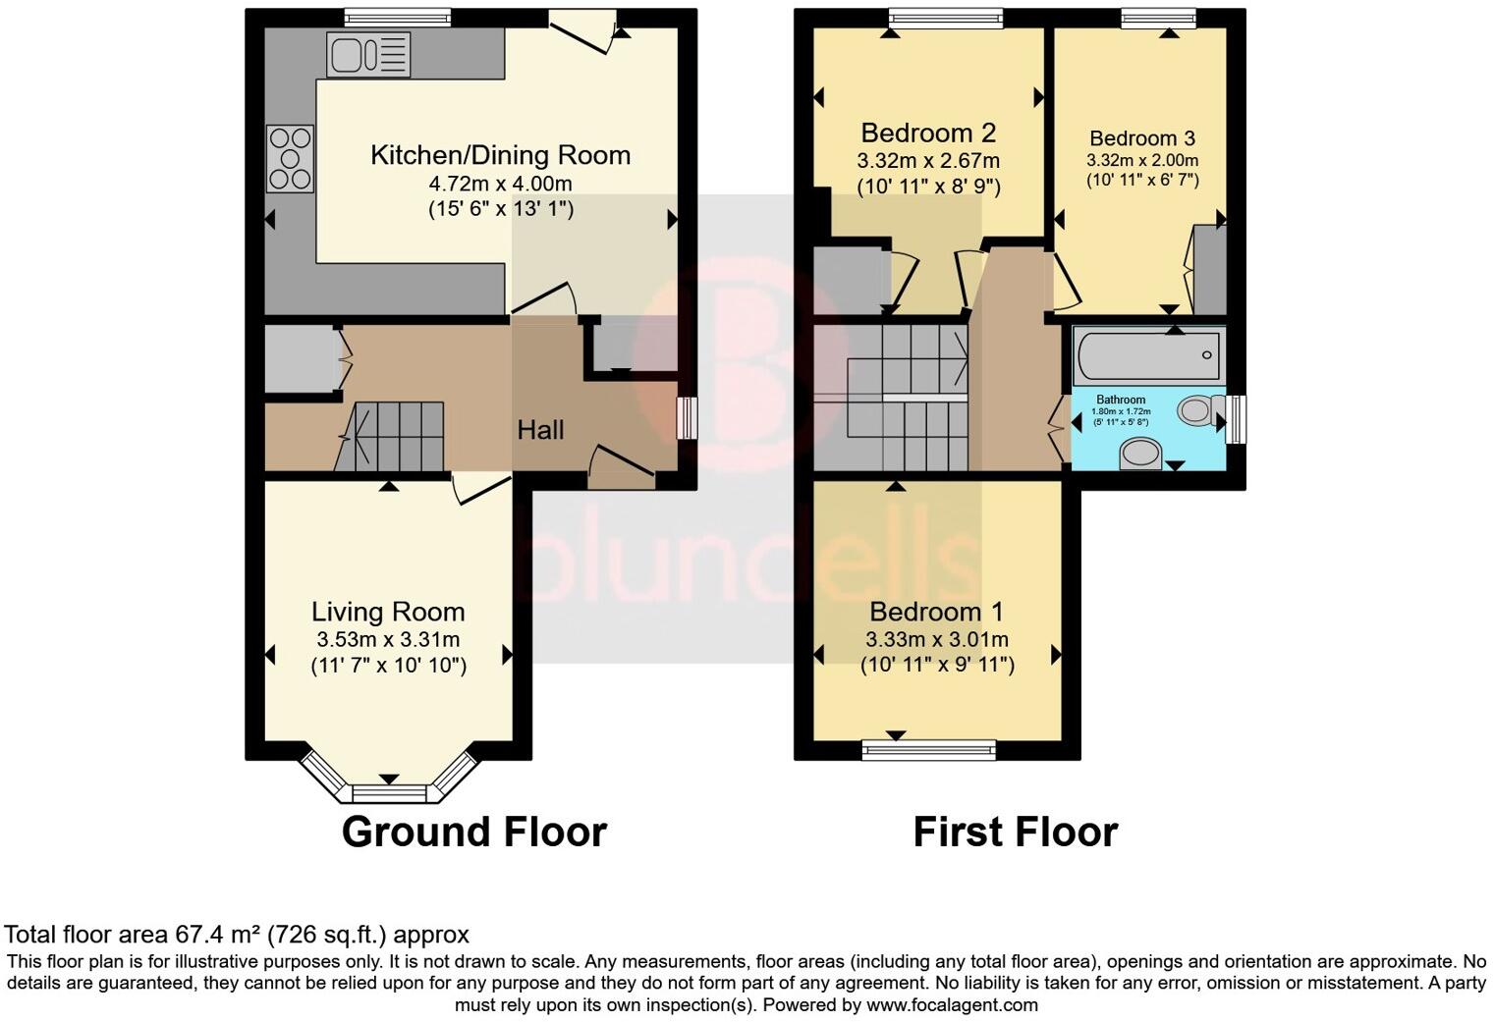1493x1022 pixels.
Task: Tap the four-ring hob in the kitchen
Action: (x=290, y=158)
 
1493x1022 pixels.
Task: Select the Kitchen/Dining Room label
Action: (x=500, y=155)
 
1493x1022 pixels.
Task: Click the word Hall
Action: (x=540, y=430)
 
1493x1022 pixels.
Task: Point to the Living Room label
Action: (x=388, y=612)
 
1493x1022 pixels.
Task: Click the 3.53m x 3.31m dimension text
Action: (x=388, y=640)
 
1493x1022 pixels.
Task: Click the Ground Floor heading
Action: (x=473, y=832)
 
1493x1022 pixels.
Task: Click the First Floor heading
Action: (x=1015, y=832)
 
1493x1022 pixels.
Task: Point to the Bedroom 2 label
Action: (x=928, y=133)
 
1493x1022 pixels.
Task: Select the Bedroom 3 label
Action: (x=1142, y=138)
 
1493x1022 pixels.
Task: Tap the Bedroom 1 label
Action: (x=936, y=613)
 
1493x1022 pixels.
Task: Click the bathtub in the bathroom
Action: (x=1148, y=355)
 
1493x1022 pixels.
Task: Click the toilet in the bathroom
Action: (x=1199, y=409)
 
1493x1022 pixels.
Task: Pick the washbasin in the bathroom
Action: (x=1140, y=454)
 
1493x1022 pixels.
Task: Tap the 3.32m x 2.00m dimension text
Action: (x=1142, y=160)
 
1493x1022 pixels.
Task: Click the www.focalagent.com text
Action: (x=952, y=1005)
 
